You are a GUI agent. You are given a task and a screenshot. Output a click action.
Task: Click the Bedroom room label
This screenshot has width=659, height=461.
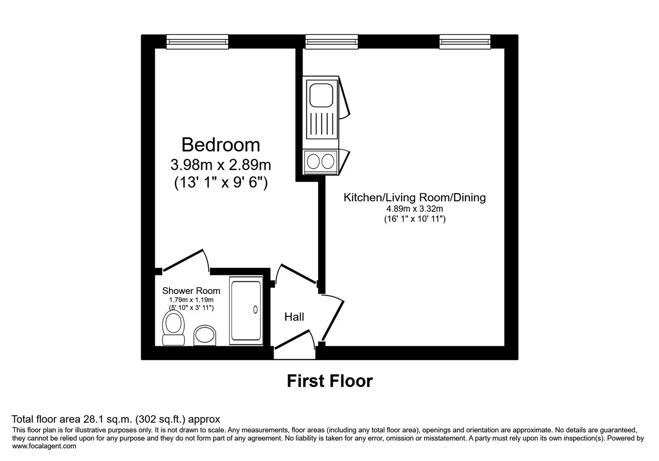pos(220,145)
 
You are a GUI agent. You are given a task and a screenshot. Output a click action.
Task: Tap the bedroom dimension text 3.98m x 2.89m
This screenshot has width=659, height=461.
pos(220,165)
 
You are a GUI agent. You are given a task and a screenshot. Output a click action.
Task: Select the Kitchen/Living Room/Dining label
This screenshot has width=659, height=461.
pos(415,197)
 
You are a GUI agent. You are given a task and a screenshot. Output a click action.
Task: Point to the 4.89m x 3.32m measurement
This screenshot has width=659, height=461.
pos(415,209)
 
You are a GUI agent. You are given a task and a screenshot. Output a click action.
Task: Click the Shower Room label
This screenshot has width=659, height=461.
pos(191,291)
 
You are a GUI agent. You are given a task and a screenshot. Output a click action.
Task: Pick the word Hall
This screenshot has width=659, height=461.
pos(294,317)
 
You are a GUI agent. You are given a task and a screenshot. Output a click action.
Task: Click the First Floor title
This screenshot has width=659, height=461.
pos(330,381)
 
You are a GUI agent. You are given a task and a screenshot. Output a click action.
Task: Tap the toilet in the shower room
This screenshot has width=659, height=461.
pos(173,328)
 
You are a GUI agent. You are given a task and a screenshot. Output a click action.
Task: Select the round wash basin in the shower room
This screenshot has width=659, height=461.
pos(205,335)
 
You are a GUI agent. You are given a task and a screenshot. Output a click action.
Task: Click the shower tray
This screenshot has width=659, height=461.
pos(246,310)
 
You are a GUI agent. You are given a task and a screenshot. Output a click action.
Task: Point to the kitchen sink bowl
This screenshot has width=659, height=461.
pos(321,95)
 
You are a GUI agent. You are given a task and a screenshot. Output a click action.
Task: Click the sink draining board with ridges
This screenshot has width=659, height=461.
pos(321,123)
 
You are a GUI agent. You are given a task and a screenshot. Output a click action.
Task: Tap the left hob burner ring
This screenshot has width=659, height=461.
pos(313,161)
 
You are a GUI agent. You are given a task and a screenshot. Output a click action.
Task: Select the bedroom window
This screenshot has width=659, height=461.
pos(197,42)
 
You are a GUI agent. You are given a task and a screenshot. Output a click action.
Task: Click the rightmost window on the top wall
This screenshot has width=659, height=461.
pos(465,42)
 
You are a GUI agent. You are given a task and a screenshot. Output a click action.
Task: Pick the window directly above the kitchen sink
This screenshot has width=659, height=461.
pos(331,42)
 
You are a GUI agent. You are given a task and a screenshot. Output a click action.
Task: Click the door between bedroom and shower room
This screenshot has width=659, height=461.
pos(186,260)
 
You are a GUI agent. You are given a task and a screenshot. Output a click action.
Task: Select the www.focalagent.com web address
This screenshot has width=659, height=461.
pos(44,446)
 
